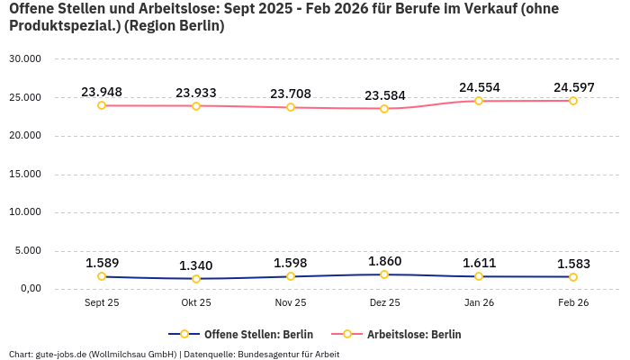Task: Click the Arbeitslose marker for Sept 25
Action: coord(102,105)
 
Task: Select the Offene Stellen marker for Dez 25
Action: coord(384,274)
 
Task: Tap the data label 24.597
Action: coord(573,87)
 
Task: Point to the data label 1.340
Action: coord(196,265)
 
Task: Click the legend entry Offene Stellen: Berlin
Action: coord(240,334)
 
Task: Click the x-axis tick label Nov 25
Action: coord(290,303)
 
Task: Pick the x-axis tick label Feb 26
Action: coord(573,303)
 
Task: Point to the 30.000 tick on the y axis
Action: coord(25,59)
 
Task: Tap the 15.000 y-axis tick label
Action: coord(25,174)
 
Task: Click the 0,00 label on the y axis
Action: coord(28,289)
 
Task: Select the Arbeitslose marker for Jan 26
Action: coord(479,101)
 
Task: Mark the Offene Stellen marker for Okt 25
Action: coord(196,279)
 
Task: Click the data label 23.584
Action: coord(384,95)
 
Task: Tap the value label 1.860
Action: coord(384,261)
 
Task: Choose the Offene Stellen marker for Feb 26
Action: coord(573,277)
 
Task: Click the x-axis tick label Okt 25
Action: coord(196,303)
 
